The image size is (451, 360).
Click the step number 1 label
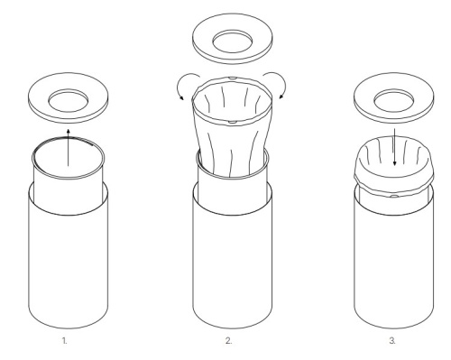click(65, 341)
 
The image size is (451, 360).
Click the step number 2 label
click(228, 341)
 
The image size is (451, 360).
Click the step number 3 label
click(392, 341)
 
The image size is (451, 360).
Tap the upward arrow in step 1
click(69, 147)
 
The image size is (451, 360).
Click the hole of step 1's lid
click(69, 100)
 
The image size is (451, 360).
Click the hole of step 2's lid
click(233, 42)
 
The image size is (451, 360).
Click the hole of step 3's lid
click(394, 100)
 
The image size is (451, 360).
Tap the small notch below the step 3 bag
click(394, 196)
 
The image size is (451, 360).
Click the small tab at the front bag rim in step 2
click(233, 122)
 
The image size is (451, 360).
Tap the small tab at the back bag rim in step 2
click(233, 78)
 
